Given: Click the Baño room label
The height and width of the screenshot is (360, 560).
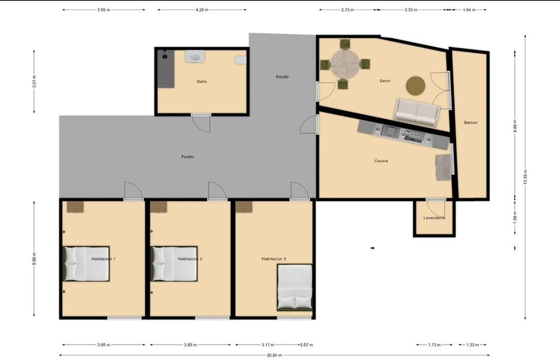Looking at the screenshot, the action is pos(202,81).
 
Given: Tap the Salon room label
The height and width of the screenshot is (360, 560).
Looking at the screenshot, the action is pos(385,81).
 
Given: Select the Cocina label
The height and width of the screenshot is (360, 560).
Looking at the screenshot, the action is pos(381,161).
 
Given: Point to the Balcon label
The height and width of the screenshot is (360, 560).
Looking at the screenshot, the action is pos(470,122).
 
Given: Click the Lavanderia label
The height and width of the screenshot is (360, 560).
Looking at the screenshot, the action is pos(434,217).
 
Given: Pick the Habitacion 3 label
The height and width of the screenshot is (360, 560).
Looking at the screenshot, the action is pos(274,259).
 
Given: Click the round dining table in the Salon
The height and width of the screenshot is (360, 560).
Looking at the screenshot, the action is pos(345,64).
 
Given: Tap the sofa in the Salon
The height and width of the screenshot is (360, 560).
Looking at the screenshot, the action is pos(417,112).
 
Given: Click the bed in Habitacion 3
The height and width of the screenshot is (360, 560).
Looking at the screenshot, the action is pos(295,288).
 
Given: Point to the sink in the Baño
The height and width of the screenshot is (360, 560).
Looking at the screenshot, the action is pos(195,57).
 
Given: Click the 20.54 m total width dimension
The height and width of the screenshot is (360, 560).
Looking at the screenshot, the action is pos(274,355).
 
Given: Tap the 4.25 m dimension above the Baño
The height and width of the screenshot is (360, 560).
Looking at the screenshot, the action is pos(202,10).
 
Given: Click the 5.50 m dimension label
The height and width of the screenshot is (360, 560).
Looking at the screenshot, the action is pos(34,259).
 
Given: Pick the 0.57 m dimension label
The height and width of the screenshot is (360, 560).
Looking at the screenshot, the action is pos(307,345).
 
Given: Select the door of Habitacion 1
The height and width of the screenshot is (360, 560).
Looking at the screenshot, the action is pos(134,191).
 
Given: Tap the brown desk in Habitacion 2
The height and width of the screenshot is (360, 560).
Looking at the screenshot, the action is pos(159,207).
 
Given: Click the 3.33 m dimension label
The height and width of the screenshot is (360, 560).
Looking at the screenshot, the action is pos(411,10).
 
